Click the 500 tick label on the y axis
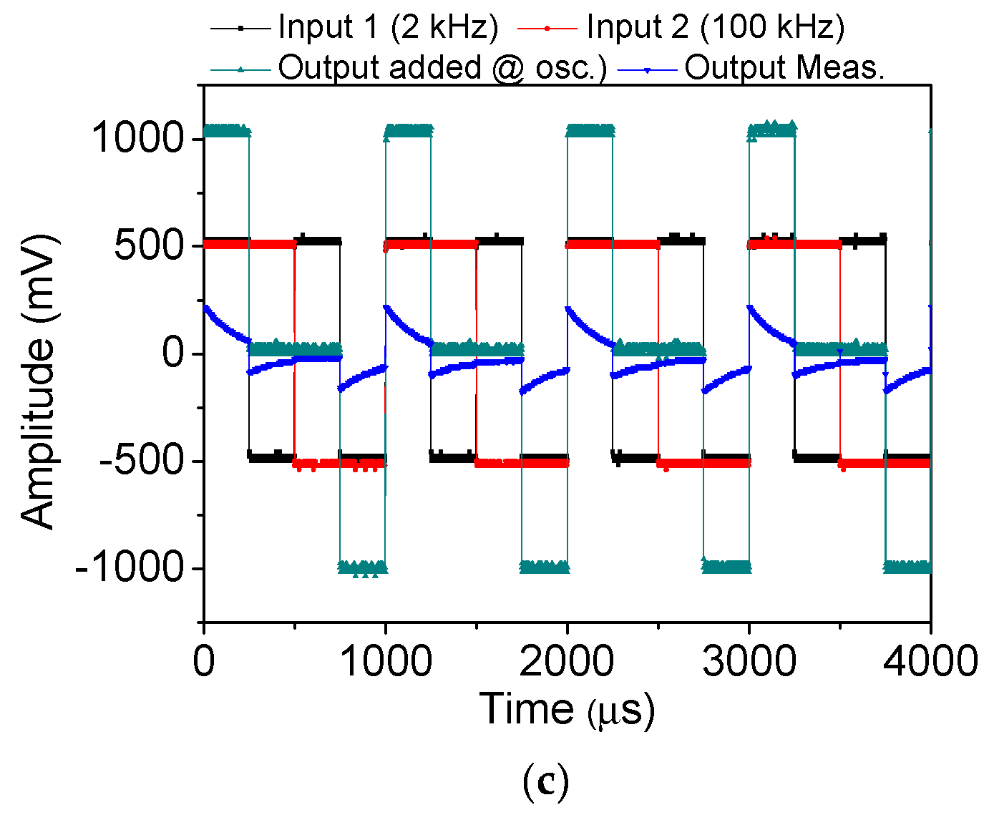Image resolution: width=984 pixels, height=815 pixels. tap(150, 245)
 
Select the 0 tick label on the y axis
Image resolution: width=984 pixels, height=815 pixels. tap(173, 353)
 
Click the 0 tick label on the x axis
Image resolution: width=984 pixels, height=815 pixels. tap(204, 660)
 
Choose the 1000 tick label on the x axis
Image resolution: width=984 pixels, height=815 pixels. tap(386, 660)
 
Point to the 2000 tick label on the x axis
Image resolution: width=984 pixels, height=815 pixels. tap(567, 660)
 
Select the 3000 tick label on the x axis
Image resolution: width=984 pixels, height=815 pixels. tap(749, 660)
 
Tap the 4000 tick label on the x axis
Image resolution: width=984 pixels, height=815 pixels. tap(930, 660)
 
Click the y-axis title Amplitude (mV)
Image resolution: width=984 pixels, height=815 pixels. tap(37, 381)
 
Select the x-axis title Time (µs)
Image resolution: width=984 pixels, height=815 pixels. tap(567, 710)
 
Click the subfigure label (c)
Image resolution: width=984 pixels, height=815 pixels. tap(546, 782)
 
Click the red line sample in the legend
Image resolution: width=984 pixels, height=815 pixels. tap(547, 28)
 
